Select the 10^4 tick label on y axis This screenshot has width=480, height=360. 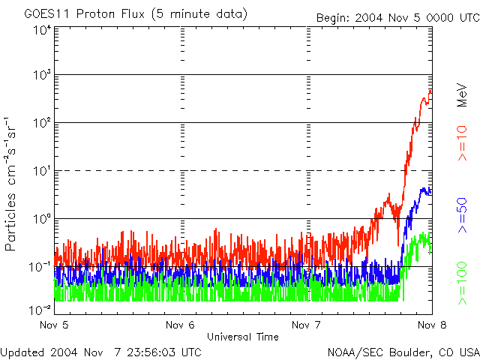coord(43,30)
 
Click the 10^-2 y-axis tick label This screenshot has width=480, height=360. coord(41,310)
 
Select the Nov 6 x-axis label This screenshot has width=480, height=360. coord(180,325)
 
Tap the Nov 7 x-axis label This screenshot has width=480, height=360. coord(305,325)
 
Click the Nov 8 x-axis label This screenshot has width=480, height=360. coord(430,325)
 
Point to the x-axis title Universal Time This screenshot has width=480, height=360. coord(243,337)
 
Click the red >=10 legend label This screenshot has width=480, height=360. coord(463,144)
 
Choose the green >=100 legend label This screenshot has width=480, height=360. coord(463,282)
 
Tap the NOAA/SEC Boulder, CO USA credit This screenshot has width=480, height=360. coord(403,351)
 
